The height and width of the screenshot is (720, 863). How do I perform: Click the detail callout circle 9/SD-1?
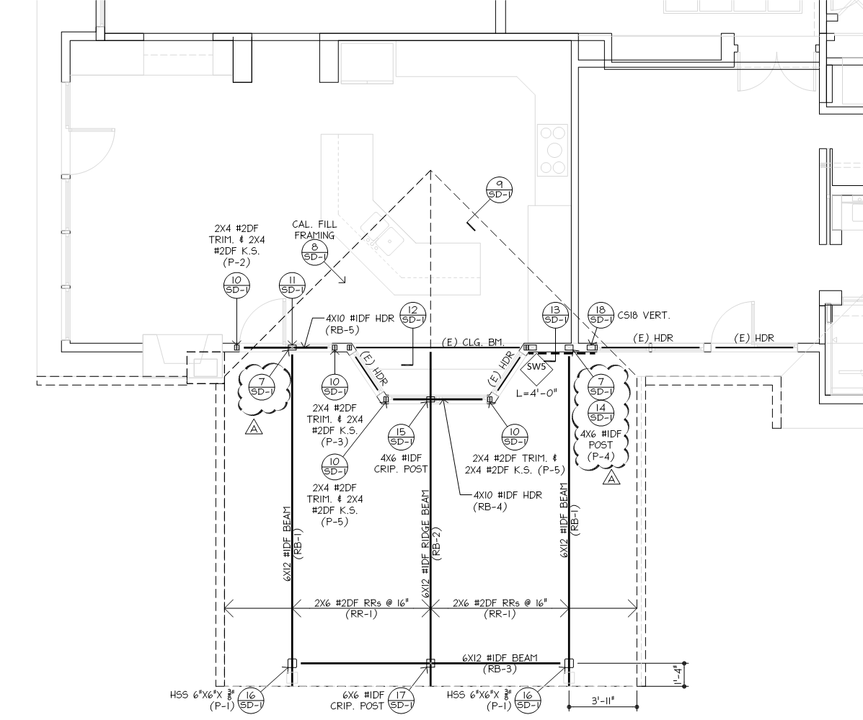click(499, 190)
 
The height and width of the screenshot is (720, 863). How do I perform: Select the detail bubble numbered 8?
click(315, 252)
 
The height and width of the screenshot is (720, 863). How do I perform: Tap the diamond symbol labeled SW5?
click(536, 368)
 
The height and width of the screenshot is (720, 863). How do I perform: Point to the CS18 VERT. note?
click(644, 316)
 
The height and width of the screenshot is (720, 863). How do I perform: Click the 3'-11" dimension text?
click(603, 701)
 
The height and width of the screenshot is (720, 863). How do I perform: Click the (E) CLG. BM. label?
click(474, 342)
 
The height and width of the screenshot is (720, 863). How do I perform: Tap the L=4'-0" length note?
click(537, 393)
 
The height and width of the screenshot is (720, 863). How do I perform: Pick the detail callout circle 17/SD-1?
click(402, 700)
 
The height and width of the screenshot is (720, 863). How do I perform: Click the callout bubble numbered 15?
click(402, 436)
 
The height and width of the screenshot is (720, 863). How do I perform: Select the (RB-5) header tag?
click(342, 330)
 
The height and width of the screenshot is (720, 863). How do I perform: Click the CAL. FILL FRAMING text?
click(314, 229)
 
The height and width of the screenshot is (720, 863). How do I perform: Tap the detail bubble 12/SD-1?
click(413, 315)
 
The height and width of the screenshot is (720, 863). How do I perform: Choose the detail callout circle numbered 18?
click(601, 315)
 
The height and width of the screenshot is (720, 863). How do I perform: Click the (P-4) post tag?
click(601, 456)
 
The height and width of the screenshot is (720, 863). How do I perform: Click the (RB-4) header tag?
click(490, 507)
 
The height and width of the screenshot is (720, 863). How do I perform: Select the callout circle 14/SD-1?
click(601, 412)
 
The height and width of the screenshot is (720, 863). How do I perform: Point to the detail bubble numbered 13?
click(555, 315)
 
